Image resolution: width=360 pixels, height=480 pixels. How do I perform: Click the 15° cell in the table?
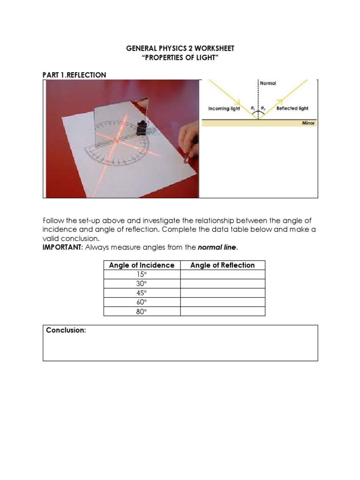142,274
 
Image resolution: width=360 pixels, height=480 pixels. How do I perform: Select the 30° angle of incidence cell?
142,284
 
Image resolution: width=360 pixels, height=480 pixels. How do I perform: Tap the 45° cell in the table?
142,293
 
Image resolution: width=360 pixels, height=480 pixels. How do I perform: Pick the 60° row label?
142,302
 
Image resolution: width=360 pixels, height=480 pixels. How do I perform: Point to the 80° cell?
142,311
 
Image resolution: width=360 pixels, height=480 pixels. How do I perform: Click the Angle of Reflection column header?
222,265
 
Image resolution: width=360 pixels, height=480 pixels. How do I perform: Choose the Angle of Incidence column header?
142,265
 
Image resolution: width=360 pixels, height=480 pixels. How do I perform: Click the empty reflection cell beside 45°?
222,293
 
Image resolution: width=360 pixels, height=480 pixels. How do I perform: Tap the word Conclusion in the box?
66,330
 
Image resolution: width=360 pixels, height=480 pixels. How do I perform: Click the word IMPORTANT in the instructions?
61,247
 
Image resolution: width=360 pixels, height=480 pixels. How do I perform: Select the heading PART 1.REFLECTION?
75,75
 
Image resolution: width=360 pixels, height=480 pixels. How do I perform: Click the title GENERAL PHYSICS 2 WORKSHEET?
180,48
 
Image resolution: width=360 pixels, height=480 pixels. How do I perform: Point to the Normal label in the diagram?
268,83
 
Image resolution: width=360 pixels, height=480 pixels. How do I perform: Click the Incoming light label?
224,108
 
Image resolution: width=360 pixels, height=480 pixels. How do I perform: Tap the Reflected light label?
292,108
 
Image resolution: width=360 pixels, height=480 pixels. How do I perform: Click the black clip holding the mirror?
140,127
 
